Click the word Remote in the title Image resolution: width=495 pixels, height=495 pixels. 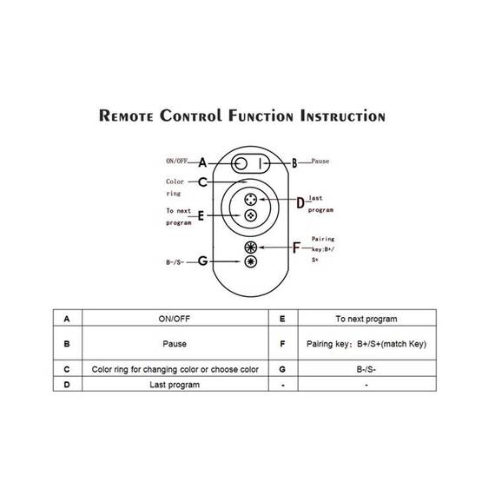[x=126, y=115]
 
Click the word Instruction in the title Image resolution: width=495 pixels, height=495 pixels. [x=343, y=115]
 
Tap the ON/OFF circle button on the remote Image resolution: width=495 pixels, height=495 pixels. [x=241, y=163]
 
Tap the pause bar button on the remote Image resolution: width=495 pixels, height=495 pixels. [x=261, y=163]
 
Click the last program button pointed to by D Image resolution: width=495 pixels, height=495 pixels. [x=251, y=200]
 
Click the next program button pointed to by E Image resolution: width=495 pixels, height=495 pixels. [x=251, y=215]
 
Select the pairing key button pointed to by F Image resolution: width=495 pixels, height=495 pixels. [x=251, y=247]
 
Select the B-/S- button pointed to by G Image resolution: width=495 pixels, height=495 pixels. [x=251, y=261]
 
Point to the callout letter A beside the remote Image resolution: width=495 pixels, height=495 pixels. [x=202, y=162]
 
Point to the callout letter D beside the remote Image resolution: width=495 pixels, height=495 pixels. [x=300, y=202]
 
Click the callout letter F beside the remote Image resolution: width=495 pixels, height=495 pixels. [x=296, y=247]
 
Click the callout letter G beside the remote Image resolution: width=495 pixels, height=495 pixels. [x=202, y=261]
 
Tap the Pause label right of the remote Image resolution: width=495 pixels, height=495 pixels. [x=320, y=161]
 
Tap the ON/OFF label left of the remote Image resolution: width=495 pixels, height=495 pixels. [x=177, y=161]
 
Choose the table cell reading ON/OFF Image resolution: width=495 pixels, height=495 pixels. [x=175, y=318]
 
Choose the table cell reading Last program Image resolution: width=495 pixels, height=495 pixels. [x=175, y=384]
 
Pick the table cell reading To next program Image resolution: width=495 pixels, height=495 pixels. [x=367, y=318]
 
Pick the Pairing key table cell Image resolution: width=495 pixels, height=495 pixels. [x=367, y=343]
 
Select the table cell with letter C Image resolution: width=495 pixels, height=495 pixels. [x=67, y=368]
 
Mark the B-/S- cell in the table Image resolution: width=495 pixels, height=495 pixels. [x=367, y=368]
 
